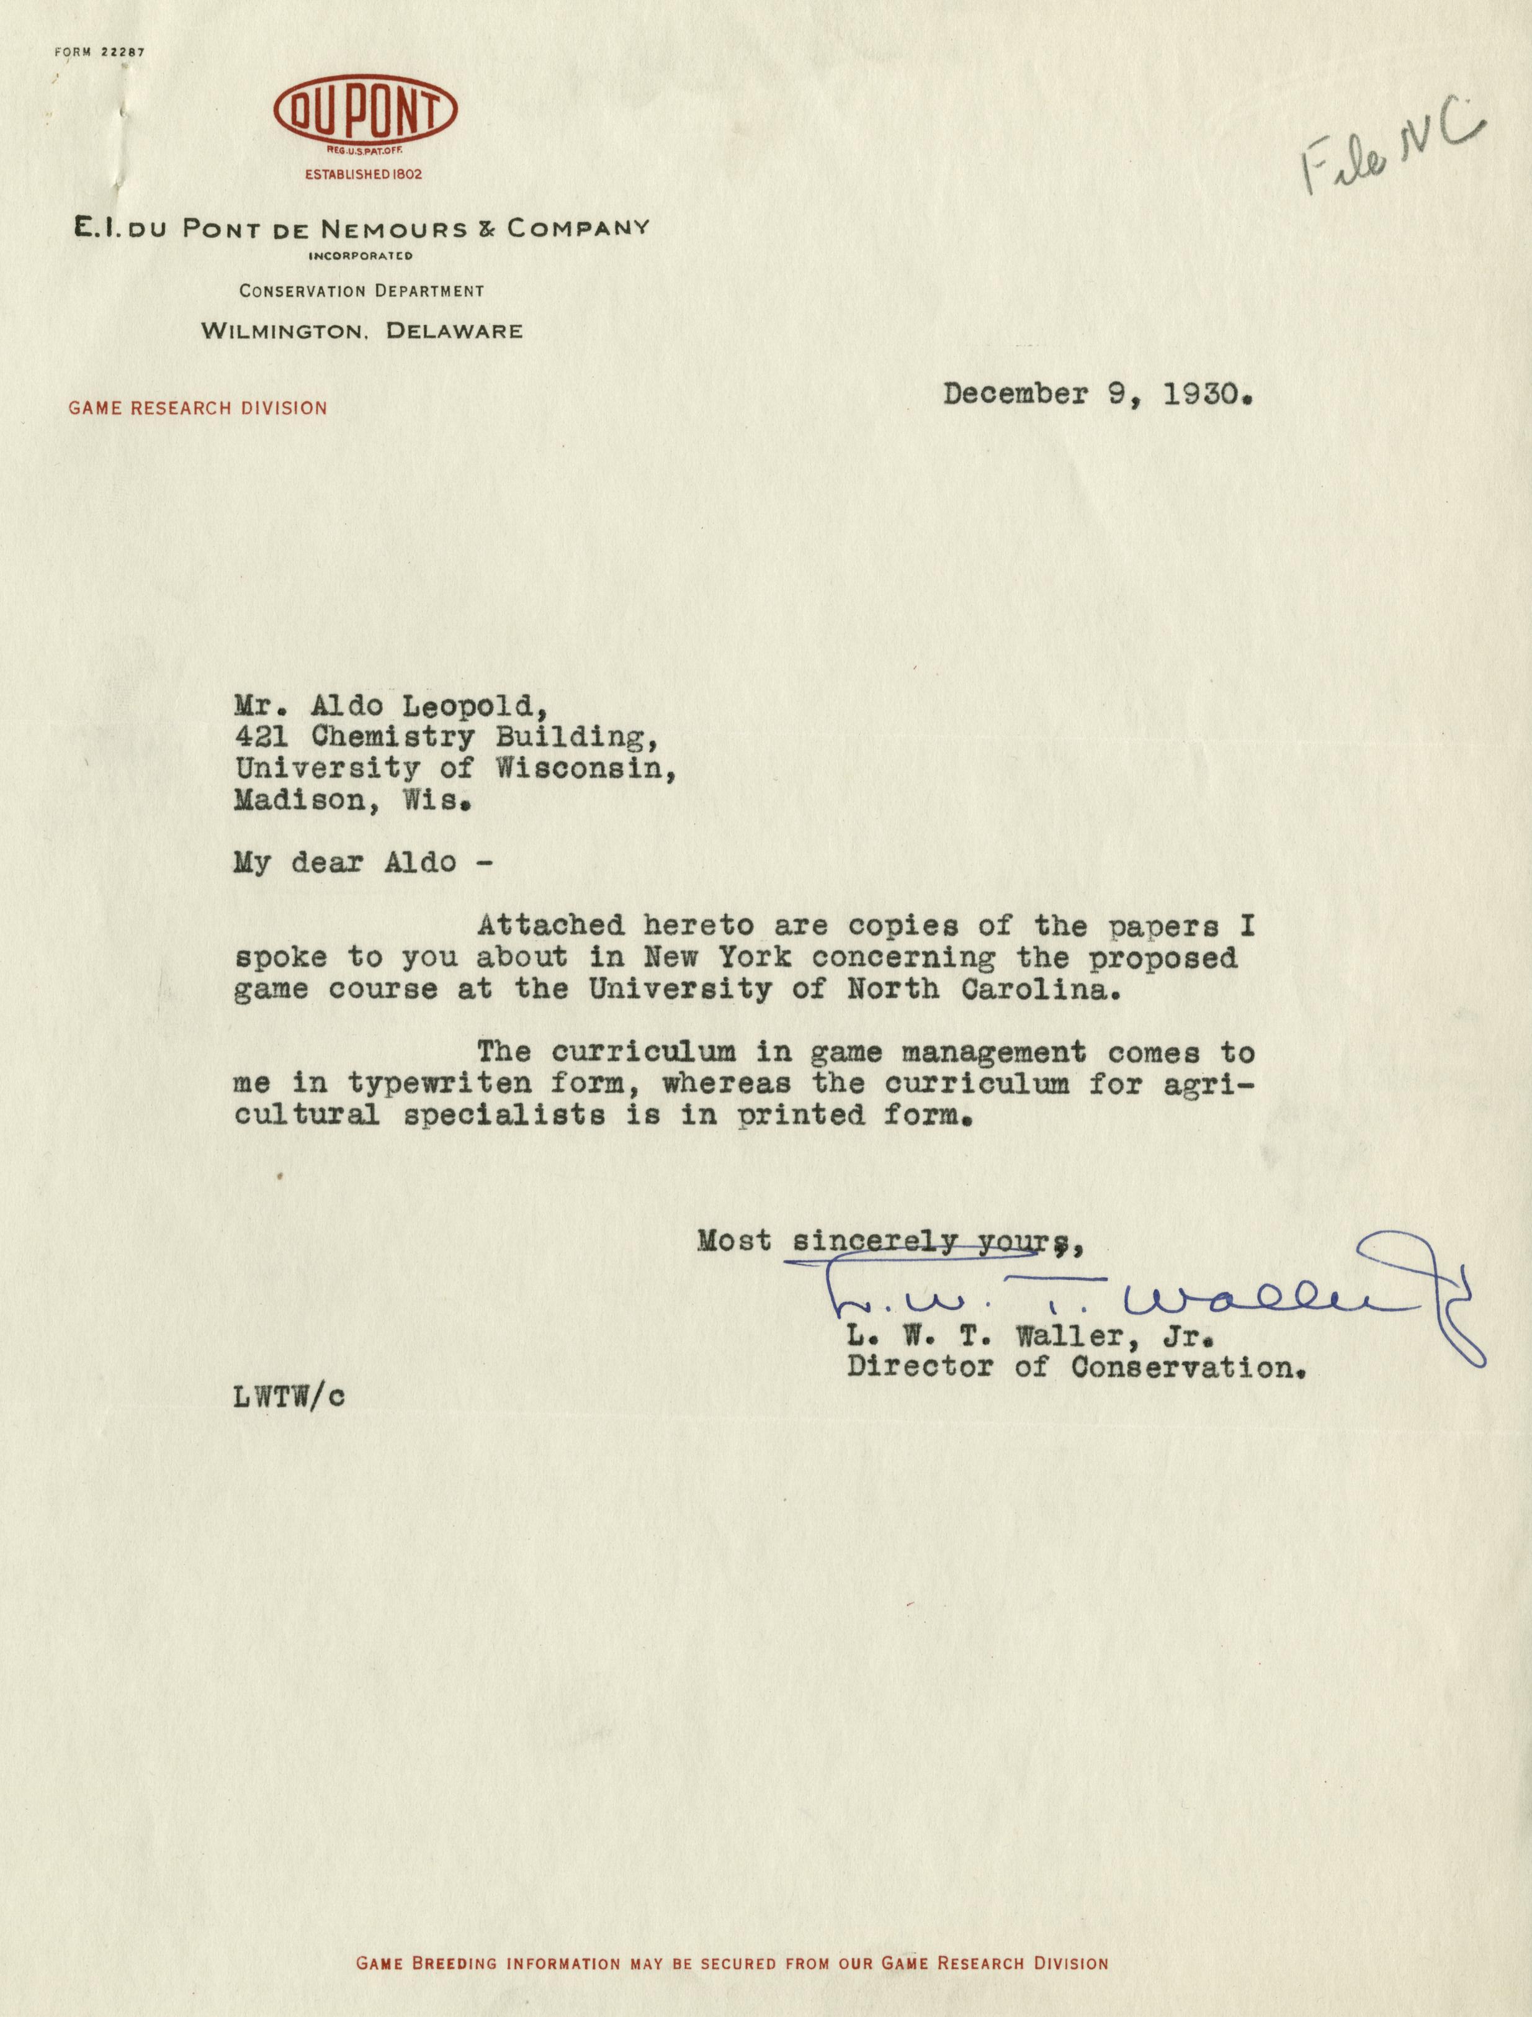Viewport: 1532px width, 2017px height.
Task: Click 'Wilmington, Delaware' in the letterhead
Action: [362, 330]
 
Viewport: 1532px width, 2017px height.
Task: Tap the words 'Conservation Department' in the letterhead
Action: [361, 291]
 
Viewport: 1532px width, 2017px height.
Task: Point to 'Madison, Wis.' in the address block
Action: [353, 800]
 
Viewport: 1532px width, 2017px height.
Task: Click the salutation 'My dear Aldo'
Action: [362, 862]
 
